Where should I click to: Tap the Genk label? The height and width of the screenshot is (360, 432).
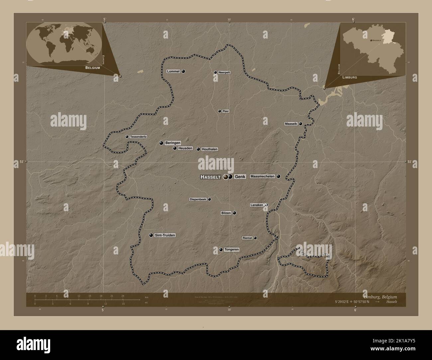pos(240,177)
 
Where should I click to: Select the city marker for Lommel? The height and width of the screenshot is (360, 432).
pos(183,71)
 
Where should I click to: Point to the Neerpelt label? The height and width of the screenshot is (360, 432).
pos(224,72)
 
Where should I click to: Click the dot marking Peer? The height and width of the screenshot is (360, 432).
pos(219,111)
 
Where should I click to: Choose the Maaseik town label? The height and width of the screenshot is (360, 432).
pos(291,124)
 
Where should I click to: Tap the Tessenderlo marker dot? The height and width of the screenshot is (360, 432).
pos(127,136)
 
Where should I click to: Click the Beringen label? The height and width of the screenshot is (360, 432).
pos(172,143)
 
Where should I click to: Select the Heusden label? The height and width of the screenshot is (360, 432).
pos(185,148)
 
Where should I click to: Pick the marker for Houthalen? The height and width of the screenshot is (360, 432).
pos(198,149)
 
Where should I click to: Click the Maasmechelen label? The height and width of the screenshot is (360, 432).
pos(263,176)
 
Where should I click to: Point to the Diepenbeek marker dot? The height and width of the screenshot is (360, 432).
pos(209,199)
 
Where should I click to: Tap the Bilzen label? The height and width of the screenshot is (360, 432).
pos(226,213)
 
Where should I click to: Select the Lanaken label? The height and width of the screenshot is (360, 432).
pos(257,205)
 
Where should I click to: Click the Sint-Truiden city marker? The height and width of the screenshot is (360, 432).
pos(151,235)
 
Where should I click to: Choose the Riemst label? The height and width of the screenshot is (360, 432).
pos(247,238)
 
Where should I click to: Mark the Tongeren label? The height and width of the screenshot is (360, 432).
pos(232,249)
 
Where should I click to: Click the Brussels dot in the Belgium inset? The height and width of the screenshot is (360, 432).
pos(371,40)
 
